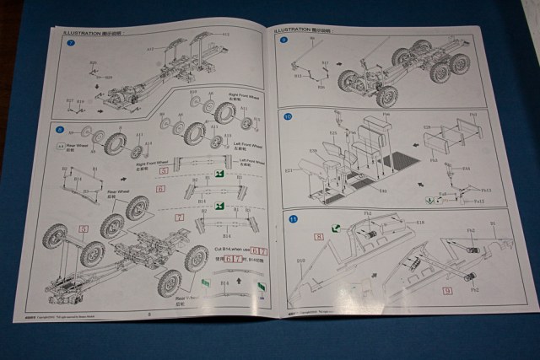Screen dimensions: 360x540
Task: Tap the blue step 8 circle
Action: tap(60, 128)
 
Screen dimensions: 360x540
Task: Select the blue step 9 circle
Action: tap(284, 40)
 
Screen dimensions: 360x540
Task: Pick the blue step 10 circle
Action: tap(289, 116)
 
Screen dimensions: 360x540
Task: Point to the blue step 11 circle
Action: tap(293, 220)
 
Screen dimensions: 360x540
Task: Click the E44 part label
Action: tap(465, 169)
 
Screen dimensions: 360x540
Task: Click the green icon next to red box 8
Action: tap(335, 227)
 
